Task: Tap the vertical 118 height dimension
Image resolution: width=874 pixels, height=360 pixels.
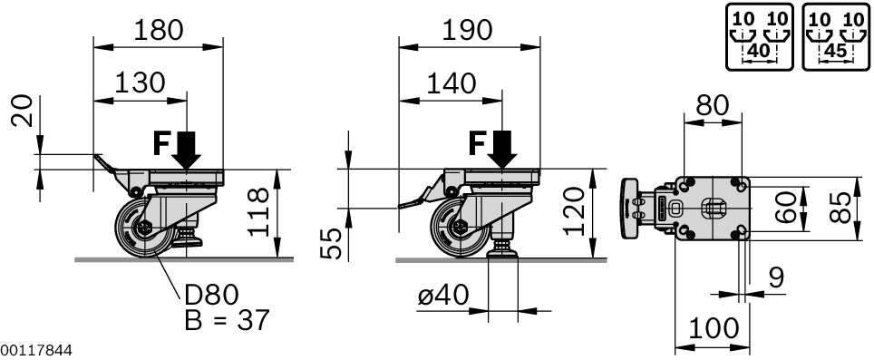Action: pyautogui.click(x=260, y=212)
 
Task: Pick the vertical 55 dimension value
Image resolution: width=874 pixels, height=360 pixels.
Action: pyautogui.click(x=335, y=243)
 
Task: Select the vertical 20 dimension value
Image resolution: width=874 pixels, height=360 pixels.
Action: pyautogui.click(x=28, y=112)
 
